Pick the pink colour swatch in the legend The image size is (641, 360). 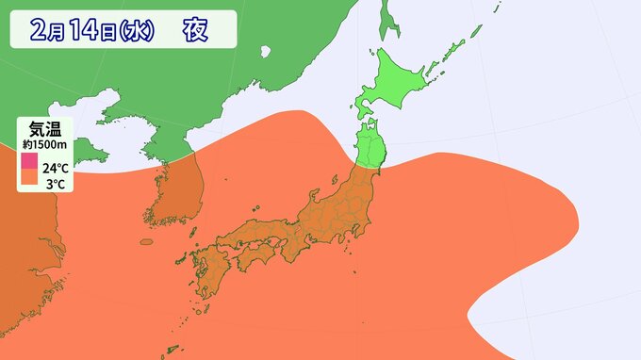(x=29, y=162)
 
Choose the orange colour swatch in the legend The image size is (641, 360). (x=29, y=179)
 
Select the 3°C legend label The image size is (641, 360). (x=54, y=184)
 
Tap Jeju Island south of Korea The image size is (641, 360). (x=145, y=243)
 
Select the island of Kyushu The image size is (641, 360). (x=209, y=278)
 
